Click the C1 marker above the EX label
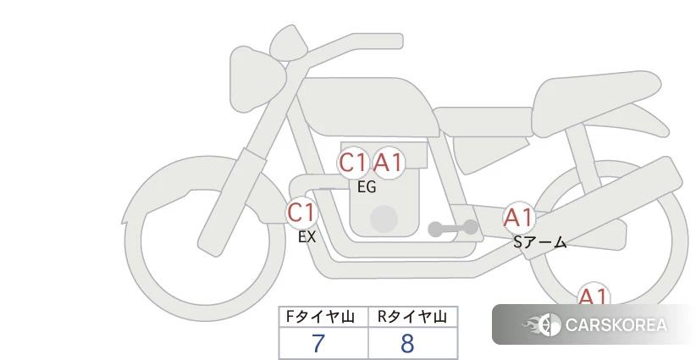click(x=301, y=212)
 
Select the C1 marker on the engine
click(x=353, y=163)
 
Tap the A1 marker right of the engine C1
click(x=388, y=163)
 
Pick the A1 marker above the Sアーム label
click(x=518, y=218)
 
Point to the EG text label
click(x=367, y=187)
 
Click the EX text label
click(x=307, y=237)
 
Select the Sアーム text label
click(x=539, y=242)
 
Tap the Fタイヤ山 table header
click(x=320, y=317)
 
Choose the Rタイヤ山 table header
click(x=412, y=317)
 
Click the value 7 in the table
click(x=318, y=343)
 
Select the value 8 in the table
click(x=407, y=343)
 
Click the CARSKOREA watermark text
click(x=616, y=325)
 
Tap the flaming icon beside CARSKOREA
click(x=542, y=324)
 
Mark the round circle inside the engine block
click(x=384, y=219)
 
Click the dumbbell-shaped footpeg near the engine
click(x=453, y=229)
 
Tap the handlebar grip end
click(x=395, y=42)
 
